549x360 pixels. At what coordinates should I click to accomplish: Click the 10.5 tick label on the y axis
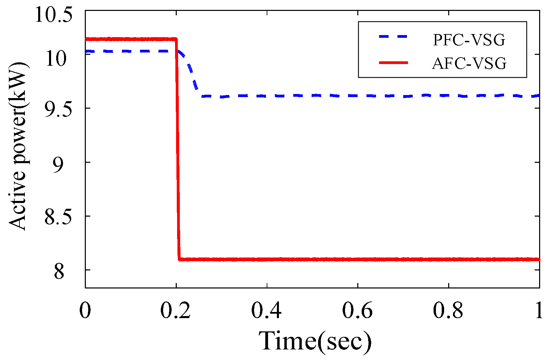pos(54,15)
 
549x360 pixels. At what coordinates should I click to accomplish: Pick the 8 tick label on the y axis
pos(59,272)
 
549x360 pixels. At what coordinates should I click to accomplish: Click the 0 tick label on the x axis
pos(85,311)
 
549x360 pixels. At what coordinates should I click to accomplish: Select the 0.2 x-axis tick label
pos(176,311)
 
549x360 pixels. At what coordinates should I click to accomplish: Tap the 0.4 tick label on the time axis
pos(267,311)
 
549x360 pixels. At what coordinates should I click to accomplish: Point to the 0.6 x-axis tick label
pos(358,311)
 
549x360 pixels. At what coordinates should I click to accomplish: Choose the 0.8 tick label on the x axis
pos(449,311)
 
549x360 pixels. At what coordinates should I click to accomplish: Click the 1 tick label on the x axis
pos(539,311)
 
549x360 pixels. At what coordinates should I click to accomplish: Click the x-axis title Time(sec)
pos(315,341)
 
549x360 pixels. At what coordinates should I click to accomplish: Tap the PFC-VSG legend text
pos(469,40)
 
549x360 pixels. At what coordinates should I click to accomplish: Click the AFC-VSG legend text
pos(469,64)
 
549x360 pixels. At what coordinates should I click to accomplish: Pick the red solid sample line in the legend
pos(393,62)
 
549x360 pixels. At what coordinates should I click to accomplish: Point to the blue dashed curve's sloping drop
pos(191,73)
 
